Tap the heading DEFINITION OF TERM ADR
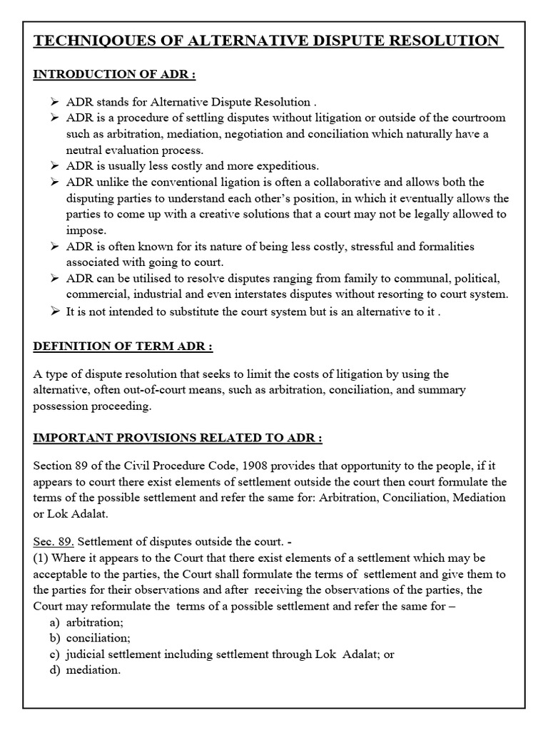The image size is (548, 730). [123, 346]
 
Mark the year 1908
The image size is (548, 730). [218, 465]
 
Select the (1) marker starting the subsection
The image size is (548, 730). [41, 558]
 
